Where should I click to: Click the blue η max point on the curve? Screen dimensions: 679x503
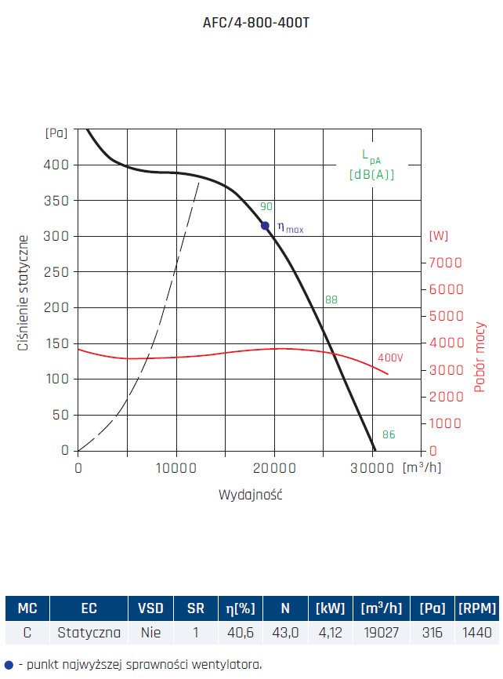click(x=266, y=226)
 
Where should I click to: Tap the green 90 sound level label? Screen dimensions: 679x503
click(x=266, y=207)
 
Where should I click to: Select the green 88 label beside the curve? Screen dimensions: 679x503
click(x=331, y=300)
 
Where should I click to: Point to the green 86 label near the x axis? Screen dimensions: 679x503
click(x=389, y=434)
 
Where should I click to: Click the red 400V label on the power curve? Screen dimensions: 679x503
click(x=390, y=358)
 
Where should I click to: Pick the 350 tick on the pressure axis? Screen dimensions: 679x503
click(x=58, y=201)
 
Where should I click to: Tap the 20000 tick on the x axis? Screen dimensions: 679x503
click(x=274, y=468)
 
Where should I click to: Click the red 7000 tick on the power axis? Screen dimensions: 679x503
click(x=445, y=263)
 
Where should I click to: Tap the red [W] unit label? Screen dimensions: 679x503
click(x=439, y=236)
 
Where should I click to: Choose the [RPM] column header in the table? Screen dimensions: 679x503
click(x=476, y=608)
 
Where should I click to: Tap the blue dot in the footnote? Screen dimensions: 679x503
click(x=9, y=664)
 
